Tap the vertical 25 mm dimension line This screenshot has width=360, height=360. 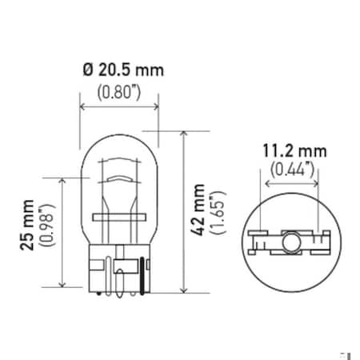[62, 232]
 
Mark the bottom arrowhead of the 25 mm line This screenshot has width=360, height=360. [62, 284]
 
